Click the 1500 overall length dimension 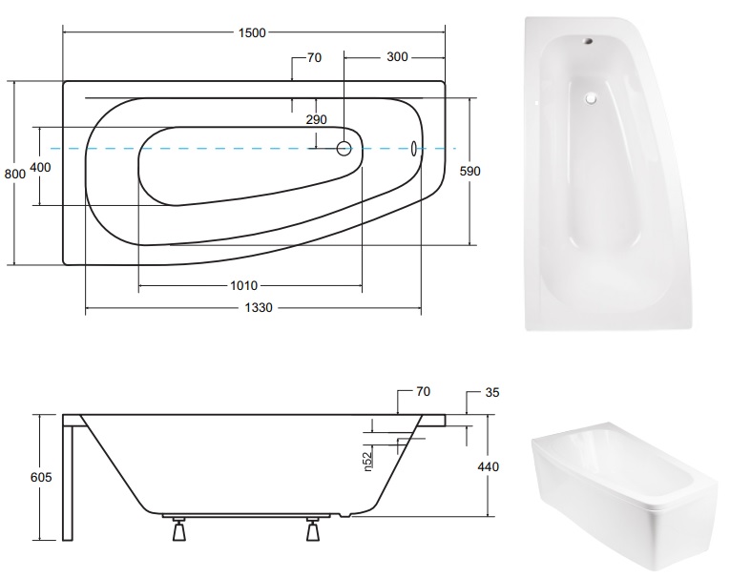(252, 32)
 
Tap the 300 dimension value (397, 57)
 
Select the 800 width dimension (15, 174)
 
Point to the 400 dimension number (40, 167)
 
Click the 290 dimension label (316, 119)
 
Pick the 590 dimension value (469, 172)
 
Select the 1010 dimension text (244, 285)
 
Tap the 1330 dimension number (259, 308)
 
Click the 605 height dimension (41, 478)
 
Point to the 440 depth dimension (488, 466)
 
